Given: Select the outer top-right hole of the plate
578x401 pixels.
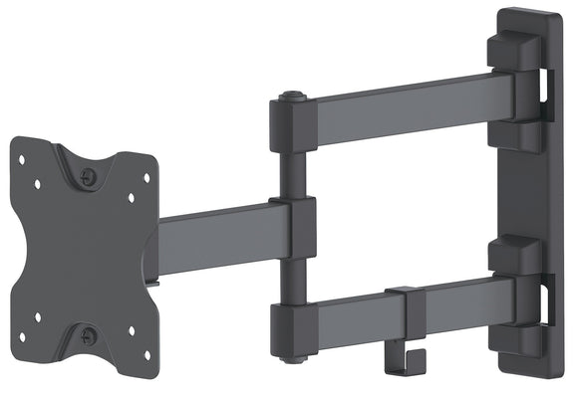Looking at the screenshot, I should coord(146,178).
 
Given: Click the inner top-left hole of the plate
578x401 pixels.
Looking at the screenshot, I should coord(37,185).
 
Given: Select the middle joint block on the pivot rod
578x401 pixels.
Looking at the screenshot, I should coord(293,228).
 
